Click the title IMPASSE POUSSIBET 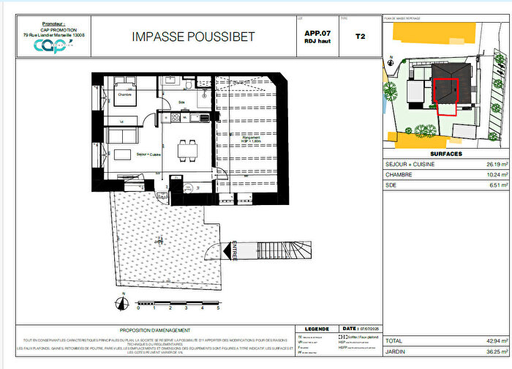coord(193,37)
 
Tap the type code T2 coord(359,35)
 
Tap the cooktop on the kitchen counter coord(206,118)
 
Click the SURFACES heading coord(445,154)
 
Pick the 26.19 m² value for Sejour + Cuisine coord(487,165)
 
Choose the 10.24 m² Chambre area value coord(487,176)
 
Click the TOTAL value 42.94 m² coord(487,341)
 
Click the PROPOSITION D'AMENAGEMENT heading coord(154,329)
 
